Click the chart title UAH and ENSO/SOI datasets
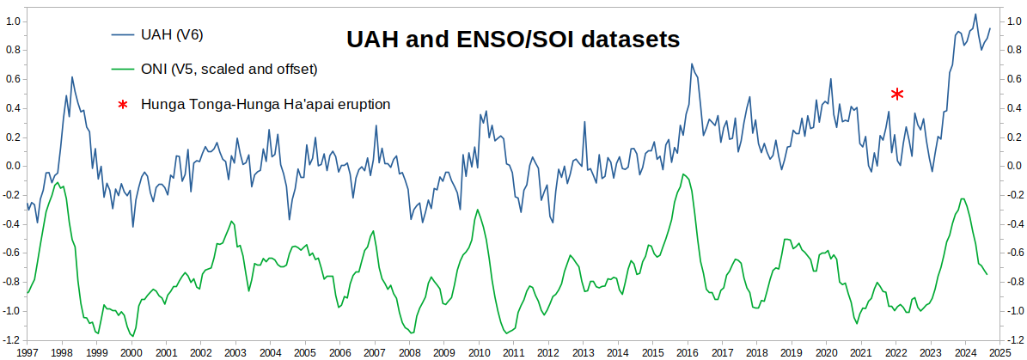(x=512, y=40)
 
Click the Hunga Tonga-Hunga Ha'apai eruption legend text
(x=266, y=104)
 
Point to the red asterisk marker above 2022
(x=896, y=94)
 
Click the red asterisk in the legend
(x=122, y=105)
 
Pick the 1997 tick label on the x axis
(x=27, y=352)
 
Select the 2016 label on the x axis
(x=687, y=352)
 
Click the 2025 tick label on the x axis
(x=999, y=352)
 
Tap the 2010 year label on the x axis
(x=478, y=352)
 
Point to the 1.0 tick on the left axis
(x=13, y=21)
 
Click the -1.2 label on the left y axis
(x=11, y=340)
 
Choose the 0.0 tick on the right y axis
(x=1015, y=166)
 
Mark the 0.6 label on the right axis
(x=1015, y=79)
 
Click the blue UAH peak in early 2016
(x=692, y=64)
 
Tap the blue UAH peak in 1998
(x=71, y=77)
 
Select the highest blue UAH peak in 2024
(x=975, y=14)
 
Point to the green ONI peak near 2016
(x=683, y=174)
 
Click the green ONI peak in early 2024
(x=963, y=198)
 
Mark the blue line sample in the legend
(x=122, y=34)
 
